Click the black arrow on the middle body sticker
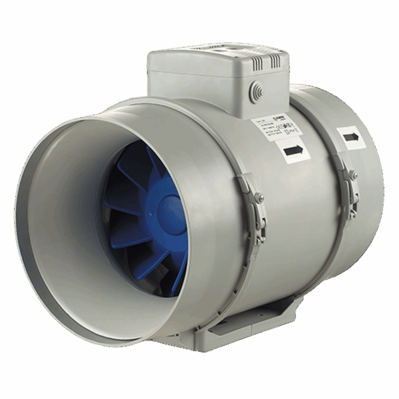pyautogui.click(x=293, y=151)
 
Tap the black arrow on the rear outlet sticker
pyautogui.click(x=351, y=136)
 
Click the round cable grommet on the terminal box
pyautogui.click(x=255, y=92)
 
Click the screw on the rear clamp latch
pyautogui.click(x=353, y=175)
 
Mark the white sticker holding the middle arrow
pyautogui.click(x=293, y=152)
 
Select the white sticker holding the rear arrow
pyautogui.click(x=351, y=136)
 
